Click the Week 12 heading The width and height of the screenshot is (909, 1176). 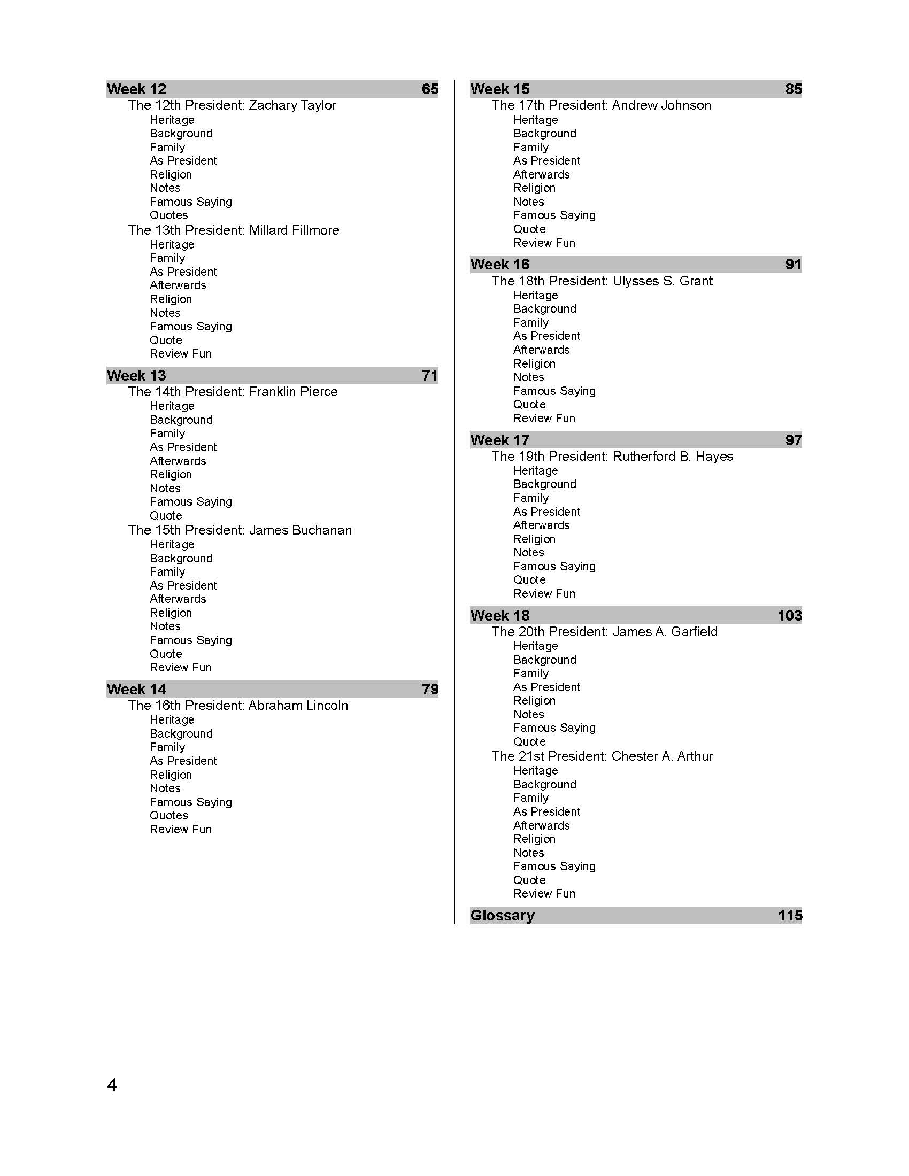[137, 89]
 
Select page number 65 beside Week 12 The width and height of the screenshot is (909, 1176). [430, 89]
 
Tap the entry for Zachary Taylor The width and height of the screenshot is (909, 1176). [232, 105]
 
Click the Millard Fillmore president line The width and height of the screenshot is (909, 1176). [234, 230]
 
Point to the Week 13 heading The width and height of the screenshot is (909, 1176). [136, 375]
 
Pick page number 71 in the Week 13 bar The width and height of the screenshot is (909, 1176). [430, 375]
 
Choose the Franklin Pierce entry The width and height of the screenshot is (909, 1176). [233, 391]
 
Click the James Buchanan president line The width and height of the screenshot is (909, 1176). [240, 530]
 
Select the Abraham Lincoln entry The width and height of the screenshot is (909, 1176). [238, 706]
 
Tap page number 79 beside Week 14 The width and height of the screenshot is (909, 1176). [430, 689]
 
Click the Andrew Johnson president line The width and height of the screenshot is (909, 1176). [601, 105]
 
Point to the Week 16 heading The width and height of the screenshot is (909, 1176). [500, 265]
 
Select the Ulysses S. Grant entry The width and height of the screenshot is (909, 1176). [602, 281]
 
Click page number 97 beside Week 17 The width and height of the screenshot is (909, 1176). [793, 440]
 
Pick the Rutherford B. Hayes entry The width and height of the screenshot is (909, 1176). [612, 456]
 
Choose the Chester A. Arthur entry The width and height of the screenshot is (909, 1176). [602, 756]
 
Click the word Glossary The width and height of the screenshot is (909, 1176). [503, 915]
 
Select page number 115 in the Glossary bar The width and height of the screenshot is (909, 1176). [790, 915]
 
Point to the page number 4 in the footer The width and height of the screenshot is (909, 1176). [112, 1085]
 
